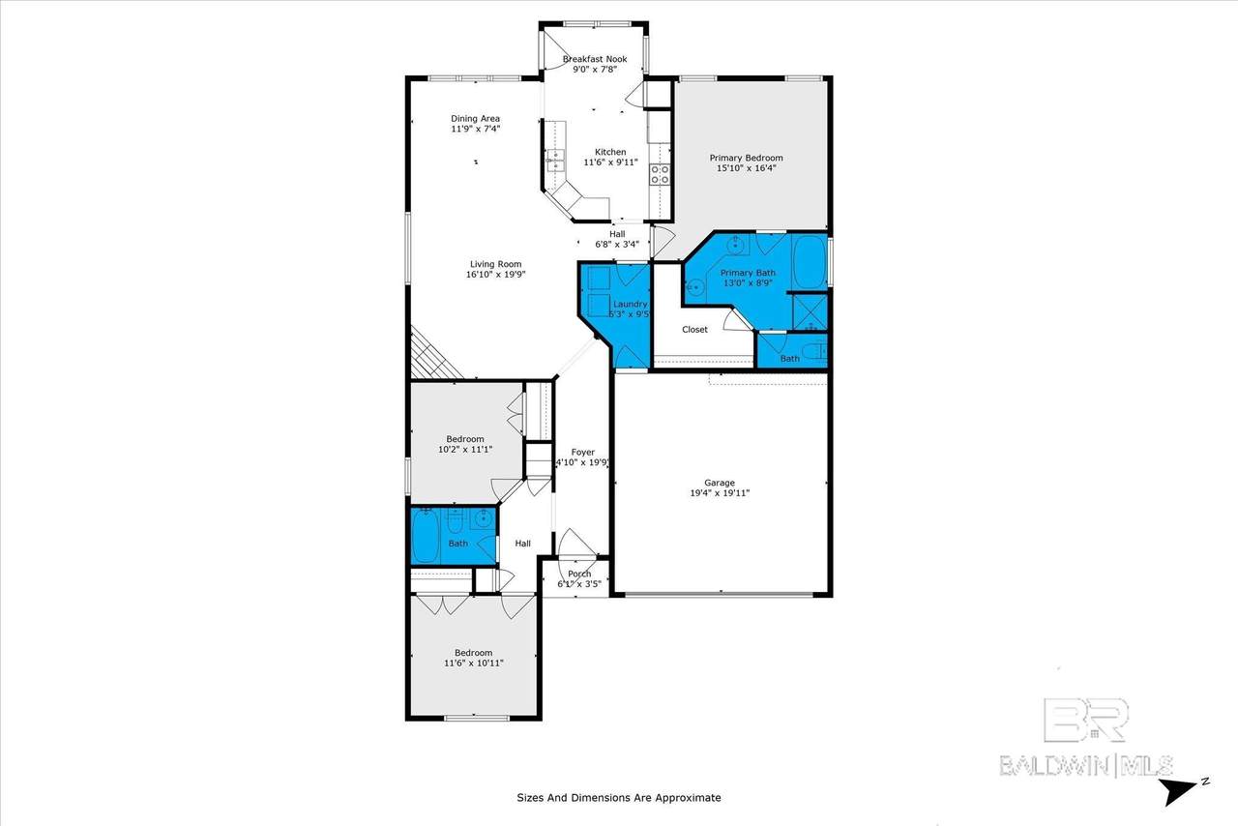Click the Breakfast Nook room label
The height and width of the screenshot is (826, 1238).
point(595,59)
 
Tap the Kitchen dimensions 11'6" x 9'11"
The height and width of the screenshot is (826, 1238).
point(610,162)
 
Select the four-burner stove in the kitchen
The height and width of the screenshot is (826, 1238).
point(660,174)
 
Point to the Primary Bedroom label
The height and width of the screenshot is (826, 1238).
point(746,158)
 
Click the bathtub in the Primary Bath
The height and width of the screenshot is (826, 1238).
point(810,261)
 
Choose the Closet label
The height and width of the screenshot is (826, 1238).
point(694,330)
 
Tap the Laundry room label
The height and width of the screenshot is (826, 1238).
point(630,304)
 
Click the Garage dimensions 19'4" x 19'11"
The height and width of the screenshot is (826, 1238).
point(720,493)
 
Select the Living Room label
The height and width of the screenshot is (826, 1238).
point(496,264)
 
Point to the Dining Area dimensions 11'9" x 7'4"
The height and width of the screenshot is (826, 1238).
point(475,129)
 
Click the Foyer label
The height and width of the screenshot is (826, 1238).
point(583,453)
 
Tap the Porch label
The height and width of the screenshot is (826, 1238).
point(579,574)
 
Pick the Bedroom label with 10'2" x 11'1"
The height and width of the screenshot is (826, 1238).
point(465,439)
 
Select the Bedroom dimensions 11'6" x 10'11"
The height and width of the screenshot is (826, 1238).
point(474,663)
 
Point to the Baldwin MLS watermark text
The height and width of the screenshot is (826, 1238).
point(1086,766)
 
